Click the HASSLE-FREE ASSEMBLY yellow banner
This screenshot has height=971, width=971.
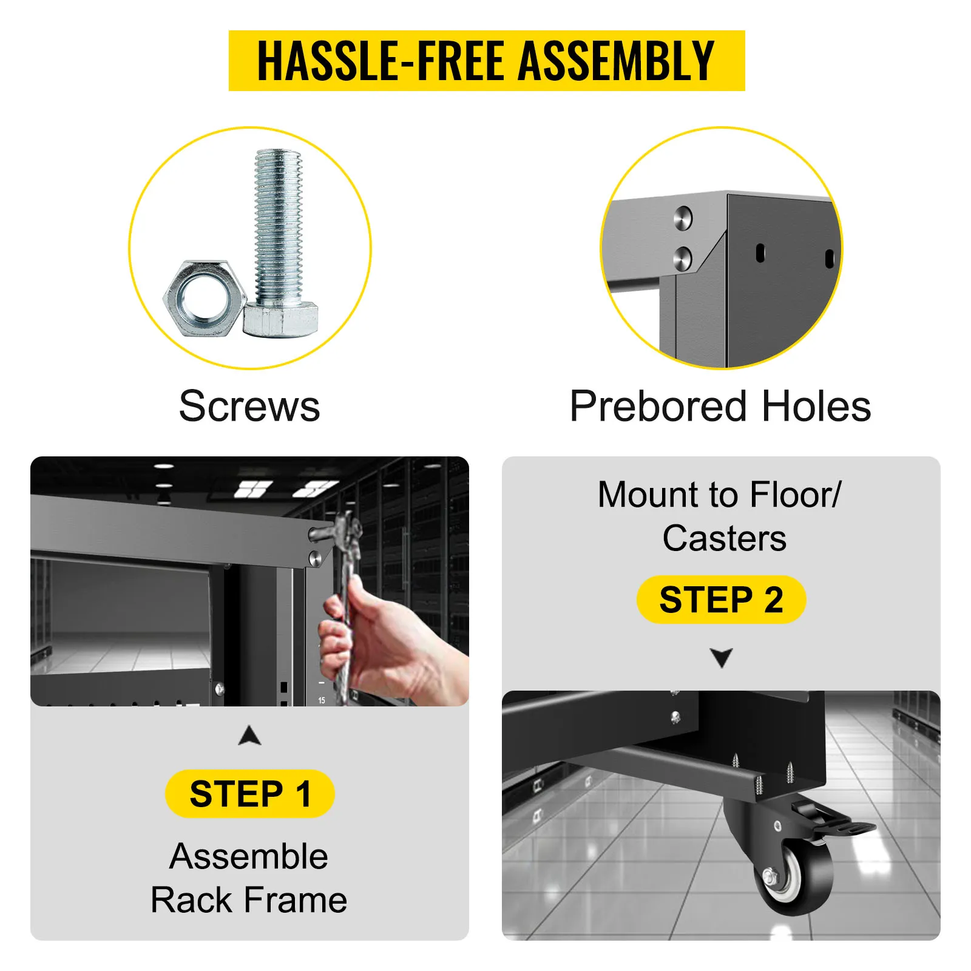pos(487,61)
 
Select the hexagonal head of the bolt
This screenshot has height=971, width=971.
pos(280,320)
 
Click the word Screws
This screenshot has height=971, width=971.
pos(249,406)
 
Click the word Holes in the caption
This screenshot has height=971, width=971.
pos(816,406)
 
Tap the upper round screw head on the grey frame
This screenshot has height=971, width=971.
pos(683,217)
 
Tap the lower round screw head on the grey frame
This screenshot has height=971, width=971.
pos(683,259)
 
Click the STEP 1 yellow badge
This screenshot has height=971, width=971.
pos(250,794)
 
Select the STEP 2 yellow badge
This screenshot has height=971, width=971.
pos(722,600)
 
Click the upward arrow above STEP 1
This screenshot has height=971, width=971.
pos(250,735)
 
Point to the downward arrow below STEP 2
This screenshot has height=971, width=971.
pos(722,658)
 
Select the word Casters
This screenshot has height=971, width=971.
pos(725,538)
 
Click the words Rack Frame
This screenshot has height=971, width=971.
pos(249,899)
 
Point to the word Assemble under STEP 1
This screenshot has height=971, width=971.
pos(249,856)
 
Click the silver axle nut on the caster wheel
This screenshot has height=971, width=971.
pos(770,876)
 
